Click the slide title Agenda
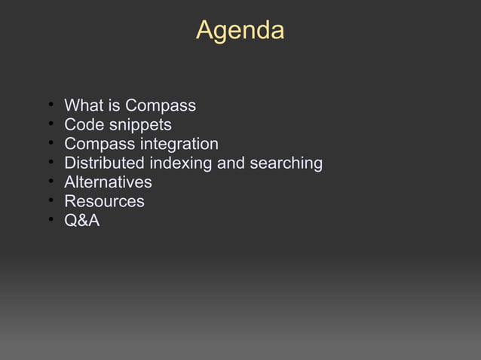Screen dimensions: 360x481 [240, 31]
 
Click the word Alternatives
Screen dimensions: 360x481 [108, 182]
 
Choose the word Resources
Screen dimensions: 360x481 [104, 202]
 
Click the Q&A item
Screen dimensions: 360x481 [81, 221]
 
